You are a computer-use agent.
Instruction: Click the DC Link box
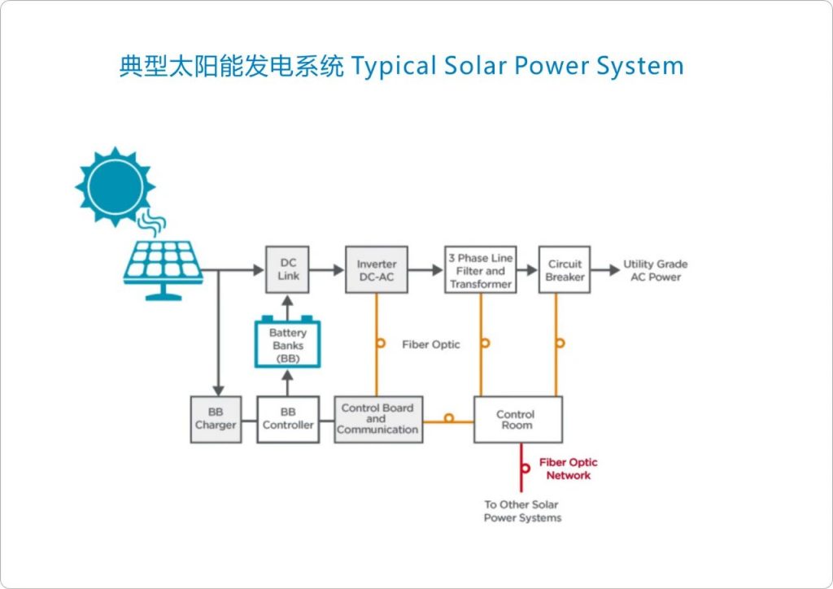click(287, 269)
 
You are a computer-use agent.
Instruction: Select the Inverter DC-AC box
click(377, 269)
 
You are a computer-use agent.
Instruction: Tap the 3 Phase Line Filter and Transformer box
click(480, 269)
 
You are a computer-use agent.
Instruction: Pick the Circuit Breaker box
click(565, 269)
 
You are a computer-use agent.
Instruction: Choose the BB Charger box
click(216, 419)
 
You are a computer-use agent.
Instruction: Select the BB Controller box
click(288, 419)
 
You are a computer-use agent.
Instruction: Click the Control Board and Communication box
click(378, 419)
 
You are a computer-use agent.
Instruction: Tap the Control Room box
click(518, 419)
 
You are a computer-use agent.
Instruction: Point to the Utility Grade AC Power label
click(655, 270)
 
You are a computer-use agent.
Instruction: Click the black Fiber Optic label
click(431, 345)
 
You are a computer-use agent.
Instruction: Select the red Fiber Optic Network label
click(568, 469)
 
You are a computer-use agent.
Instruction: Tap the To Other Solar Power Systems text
click(522, 511)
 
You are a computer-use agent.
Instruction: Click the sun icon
click(116, 187)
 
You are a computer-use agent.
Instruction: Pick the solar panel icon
click(163, 270)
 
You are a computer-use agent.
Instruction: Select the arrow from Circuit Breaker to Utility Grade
click(605, 270)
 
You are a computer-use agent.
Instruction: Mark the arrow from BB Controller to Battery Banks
click(287, 382)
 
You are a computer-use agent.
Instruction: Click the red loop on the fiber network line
click(526, 468)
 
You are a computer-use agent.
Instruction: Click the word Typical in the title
click(394, 67)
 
